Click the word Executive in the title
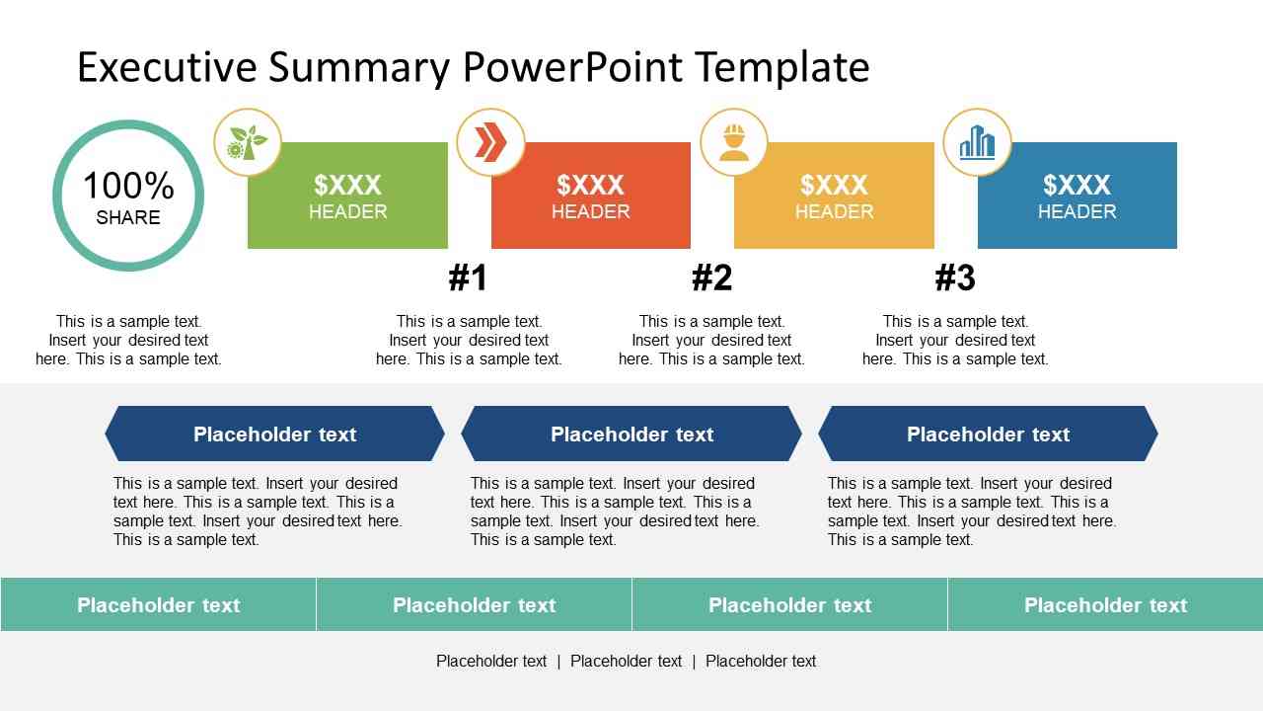pos(167,67)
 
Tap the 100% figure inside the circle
pos(128,186)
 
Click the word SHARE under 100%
pos(128,217)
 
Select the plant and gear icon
pos(247,142)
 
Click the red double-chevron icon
pos(490,142)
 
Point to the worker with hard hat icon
pos(733,143)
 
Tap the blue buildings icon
pos(977,143)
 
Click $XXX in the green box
pos(347,185)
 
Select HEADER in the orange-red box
pos(590,211)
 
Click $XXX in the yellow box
pos(834,185)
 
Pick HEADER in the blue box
pos(1077,211)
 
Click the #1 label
pos(468,277)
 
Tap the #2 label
pos(711,277)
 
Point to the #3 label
pos(955,277)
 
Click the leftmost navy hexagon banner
pos(274,434)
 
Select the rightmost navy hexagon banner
pos(989,434)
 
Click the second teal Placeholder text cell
pos(475,604)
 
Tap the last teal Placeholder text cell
pos(1106,604)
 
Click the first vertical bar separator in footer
pos(558,662)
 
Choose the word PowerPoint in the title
pos(572,67)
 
